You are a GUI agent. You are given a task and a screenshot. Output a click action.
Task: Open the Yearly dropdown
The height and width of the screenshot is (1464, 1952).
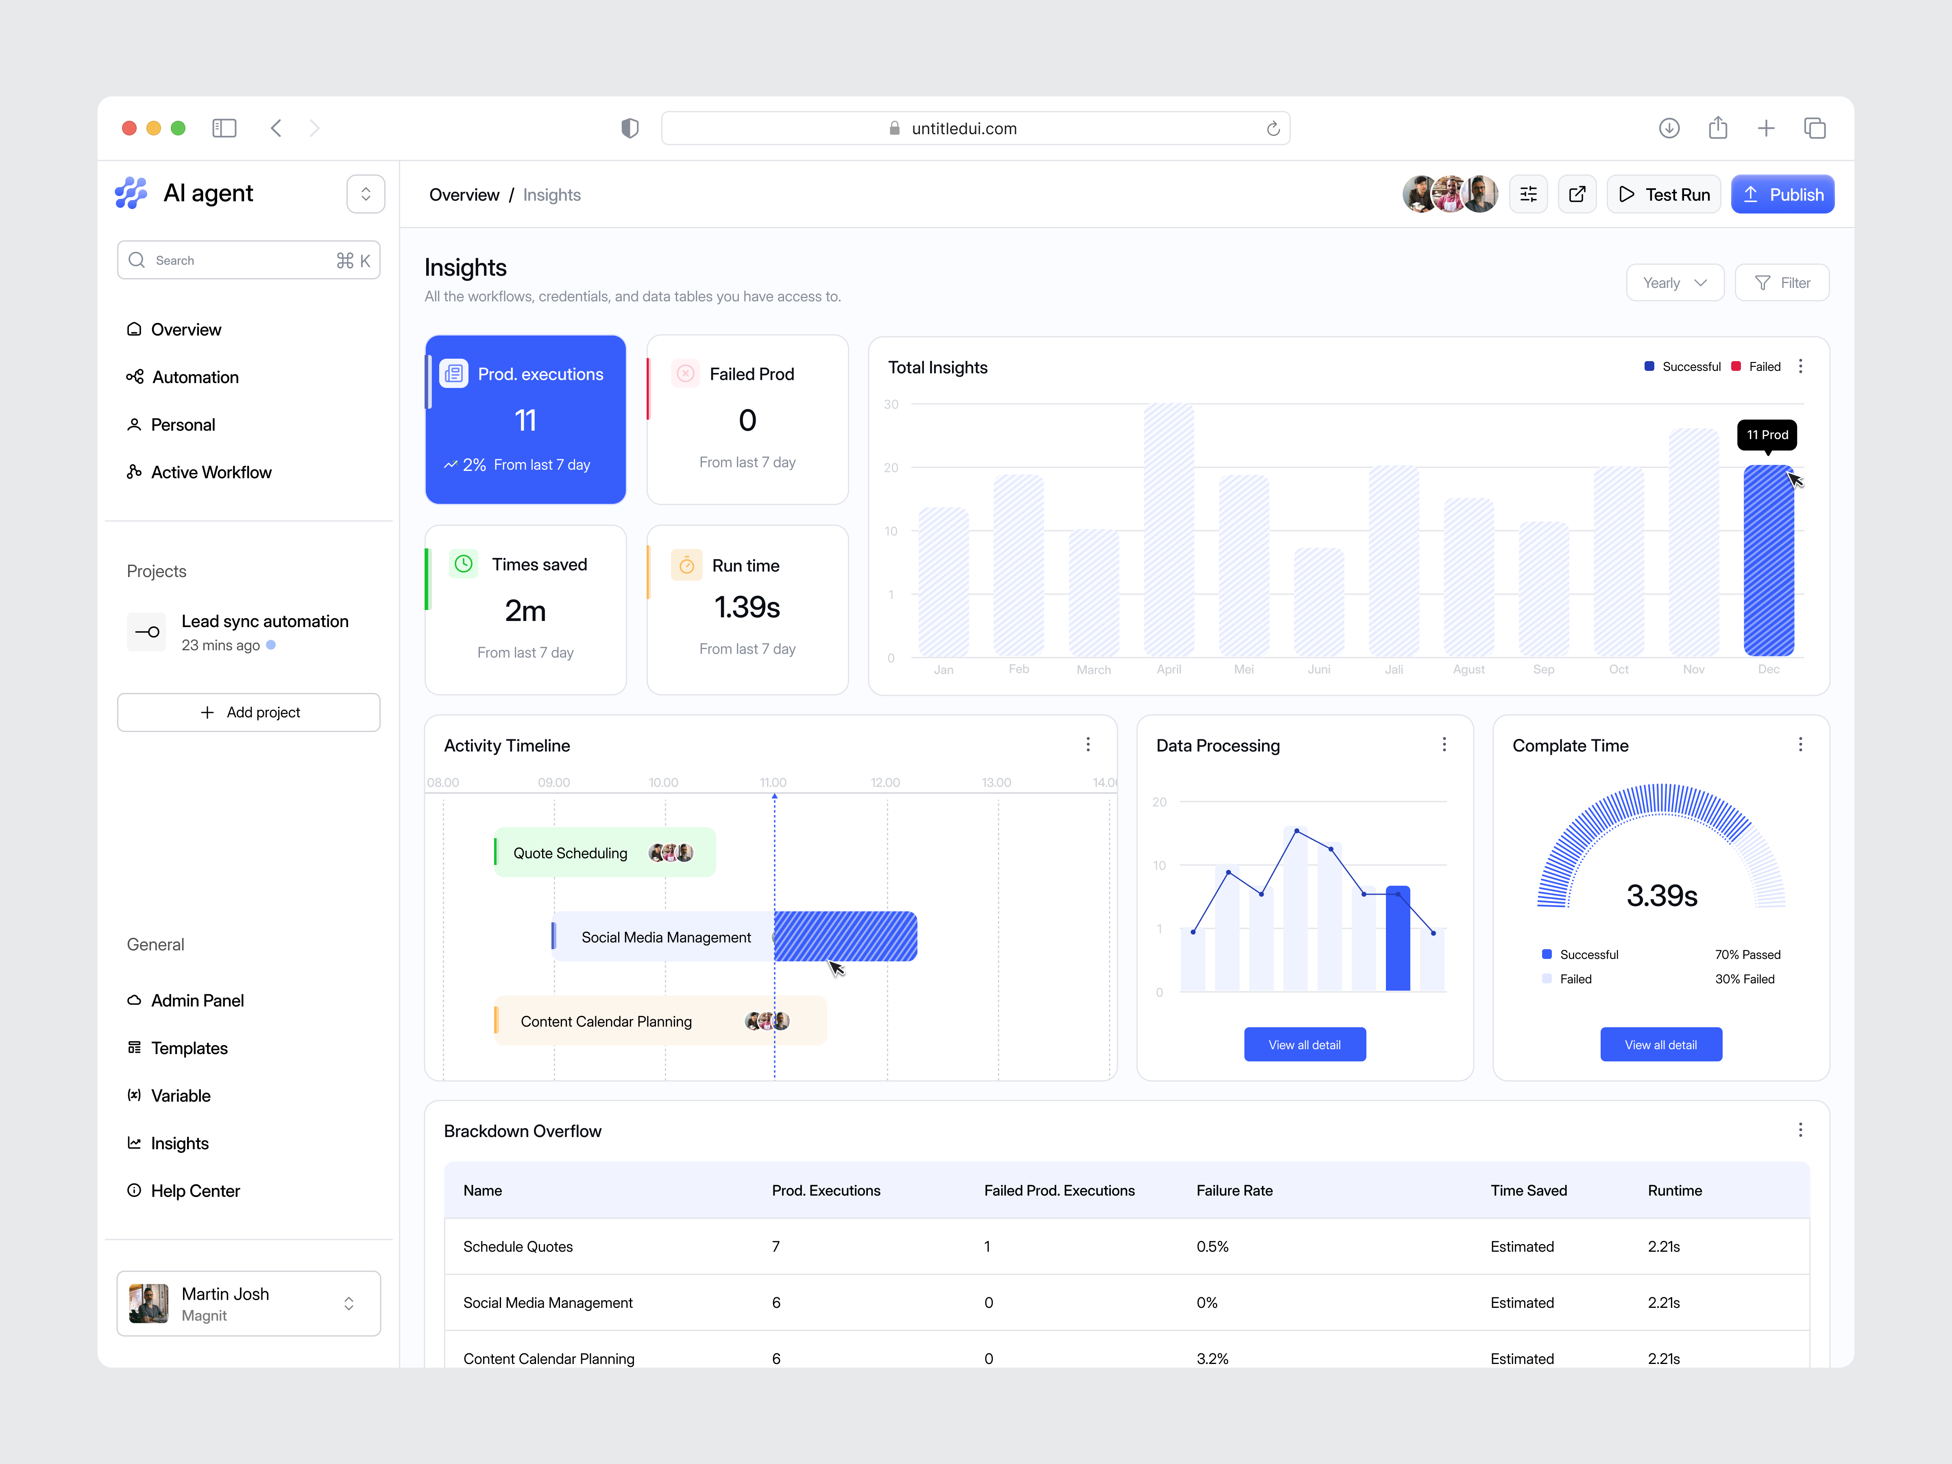(x=1674, y=282)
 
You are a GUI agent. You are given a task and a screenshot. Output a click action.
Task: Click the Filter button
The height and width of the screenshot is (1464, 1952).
(x=1782, y=282)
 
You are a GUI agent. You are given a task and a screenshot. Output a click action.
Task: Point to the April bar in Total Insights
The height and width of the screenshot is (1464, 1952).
(x=1168, y=529)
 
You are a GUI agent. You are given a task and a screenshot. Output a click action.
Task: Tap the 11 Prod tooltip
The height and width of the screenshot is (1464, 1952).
(x=1767, y=434)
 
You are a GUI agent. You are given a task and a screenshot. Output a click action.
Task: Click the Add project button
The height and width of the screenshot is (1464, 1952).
(x=249, y=712)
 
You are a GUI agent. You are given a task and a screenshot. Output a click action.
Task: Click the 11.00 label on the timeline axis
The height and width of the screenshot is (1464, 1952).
(x=773, y=783)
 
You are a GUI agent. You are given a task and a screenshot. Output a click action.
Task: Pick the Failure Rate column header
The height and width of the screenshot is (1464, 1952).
(x=1234, y=1190)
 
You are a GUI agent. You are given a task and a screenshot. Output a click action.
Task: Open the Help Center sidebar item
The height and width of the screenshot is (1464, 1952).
(x=195, y=1190)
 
